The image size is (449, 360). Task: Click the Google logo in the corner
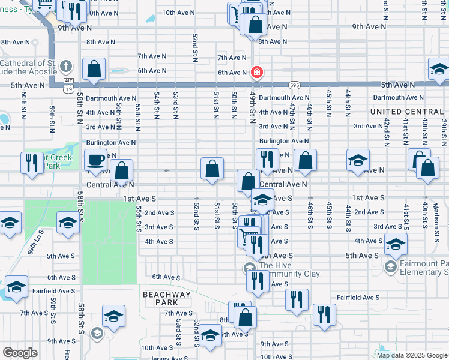pos(20,353)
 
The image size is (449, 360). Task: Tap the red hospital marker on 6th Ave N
pos(257,73)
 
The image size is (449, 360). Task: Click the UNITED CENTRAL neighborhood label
pos(406,112)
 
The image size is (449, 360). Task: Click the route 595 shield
pos(294,85)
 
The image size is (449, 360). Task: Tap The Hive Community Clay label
pos(289,269)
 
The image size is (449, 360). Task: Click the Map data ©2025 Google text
pos(412,355)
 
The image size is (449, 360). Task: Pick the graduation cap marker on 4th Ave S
pos(396,244)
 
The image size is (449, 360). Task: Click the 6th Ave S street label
pos(166,277)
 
